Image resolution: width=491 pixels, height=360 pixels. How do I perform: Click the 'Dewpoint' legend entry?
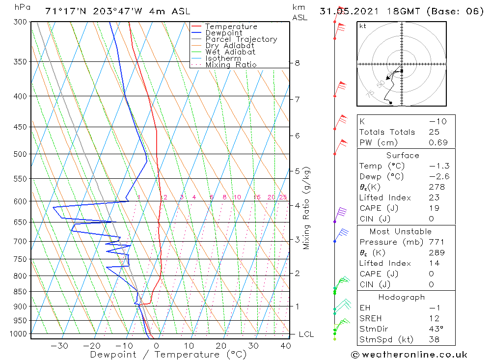(223, 33)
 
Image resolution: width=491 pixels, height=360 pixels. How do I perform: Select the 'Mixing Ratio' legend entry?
(231, 64)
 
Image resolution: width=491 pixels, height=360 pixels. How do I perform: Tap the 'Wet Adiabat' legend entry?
(230, 52)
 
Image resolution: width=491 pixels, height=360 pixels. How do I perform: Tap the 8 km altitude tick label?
(298, 63)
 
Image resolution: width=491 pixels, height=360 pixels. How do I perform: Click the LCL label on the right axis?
(306, 334)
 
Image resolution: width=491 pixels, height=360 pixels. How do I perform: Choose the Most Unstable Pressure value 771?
(436, 242)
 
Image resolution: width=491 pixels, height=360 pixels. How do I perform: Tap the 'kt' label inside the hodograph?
(363, 26)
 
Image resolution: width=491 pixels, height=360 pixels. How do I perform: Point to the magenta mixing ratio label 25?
(283, 197)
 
